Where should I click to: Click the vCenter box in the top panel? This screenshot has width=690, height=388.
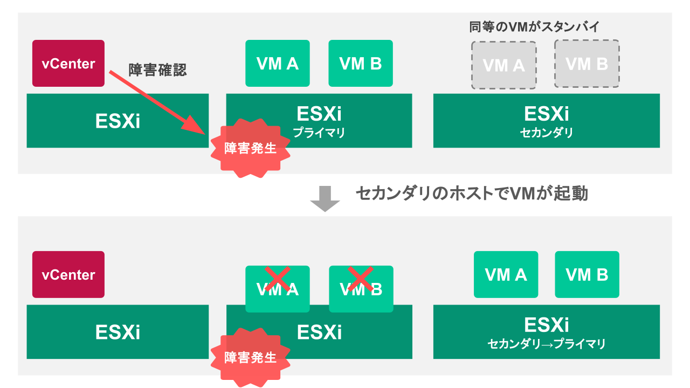[68, 64]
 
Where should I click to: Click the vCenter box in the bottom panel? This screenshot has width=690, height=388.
[68, 275]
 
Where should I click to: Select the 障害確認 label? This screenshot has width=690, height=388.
[157, 70]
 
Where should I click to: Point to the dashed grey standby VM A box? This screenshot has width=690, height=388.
[503, 65]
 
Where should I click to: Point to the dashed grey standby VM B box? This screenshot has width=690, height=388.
[586, 64]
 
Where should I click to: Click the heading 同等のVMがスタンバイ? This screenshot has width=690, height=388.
[534, 26]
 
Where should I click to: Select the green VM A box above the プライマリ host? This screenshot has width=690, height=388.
[278, 64]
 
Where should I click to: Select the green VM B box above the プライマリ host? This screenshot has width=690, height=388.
[361, 64]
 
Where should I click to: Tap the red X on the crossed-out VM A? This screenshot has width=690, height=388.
[278, 279]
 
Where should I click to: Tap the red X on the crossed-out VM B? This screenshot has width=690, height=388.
[361, 279]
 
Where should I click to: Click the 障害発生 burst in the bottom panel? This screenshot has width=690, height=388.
[250, 357]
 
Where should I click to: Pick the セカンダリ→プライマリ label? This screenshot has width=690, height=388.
[547, 344]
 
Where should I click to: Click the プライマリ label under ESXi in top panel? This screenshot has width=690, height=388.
[319, 133]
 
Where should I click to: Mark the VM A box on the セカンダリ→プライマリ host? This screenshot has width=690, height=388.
[506, 275]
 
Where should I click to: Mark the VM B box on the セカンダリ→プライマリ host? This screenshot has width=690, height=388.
[587, 275]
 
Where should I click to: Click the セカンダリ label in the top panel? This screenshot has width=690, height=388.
[547, 133]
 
